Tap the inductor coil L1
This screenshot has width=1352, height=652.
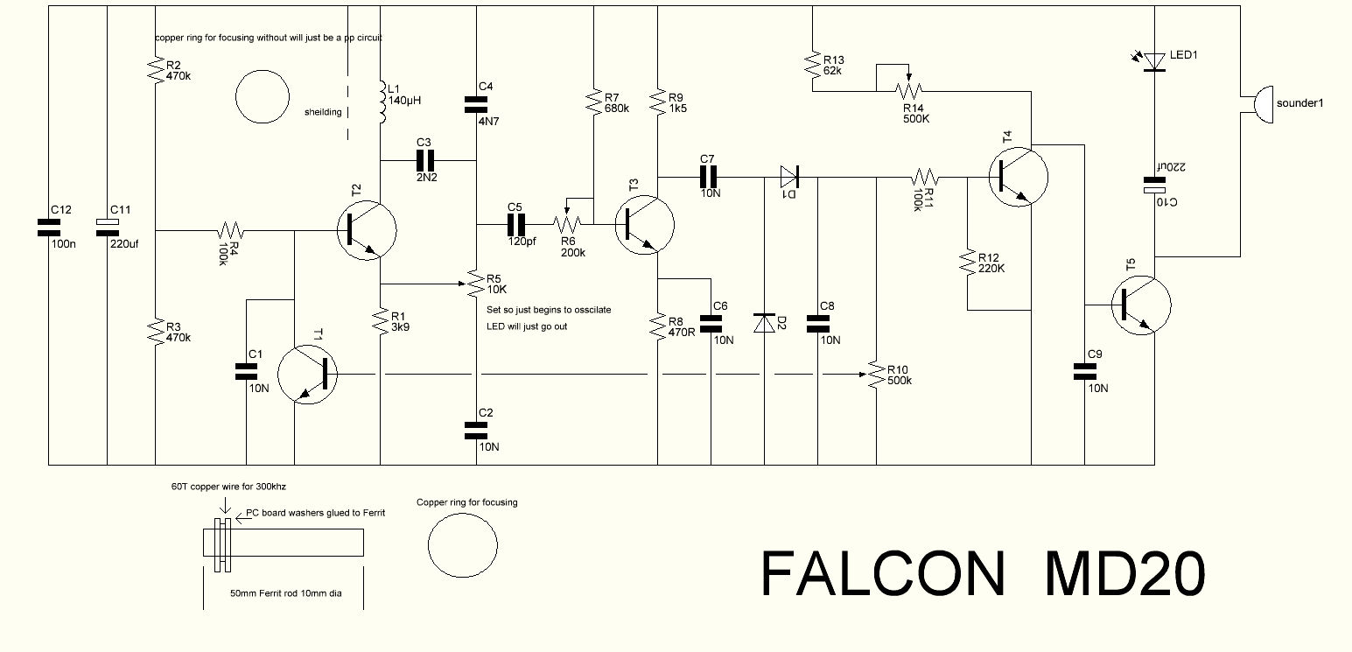click(x=382, y=103)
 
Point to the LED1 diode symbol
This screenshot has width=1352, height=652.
click(x=1155, y=61)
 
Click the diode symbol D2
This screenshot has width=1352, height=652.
click(x=766, y=322)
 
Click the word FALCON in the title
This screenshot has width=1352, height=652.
click(x=883, y=574)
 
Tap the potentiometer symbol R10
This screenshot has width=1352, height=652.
click(x=875, y=375)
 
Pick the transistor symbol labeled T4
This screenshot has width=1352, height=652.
click(x=1017, y=176)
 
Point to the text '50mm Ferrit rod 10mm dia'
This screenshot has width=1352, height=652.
click(x=285, y=593)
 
